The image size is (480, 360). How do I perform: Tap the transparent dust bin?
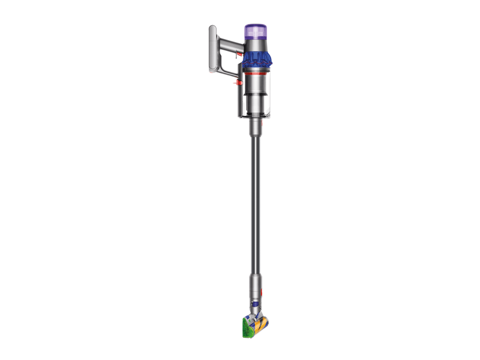coord(260,96)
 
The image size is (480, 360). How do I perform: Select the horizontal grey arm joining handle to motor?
coord(229,44)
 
